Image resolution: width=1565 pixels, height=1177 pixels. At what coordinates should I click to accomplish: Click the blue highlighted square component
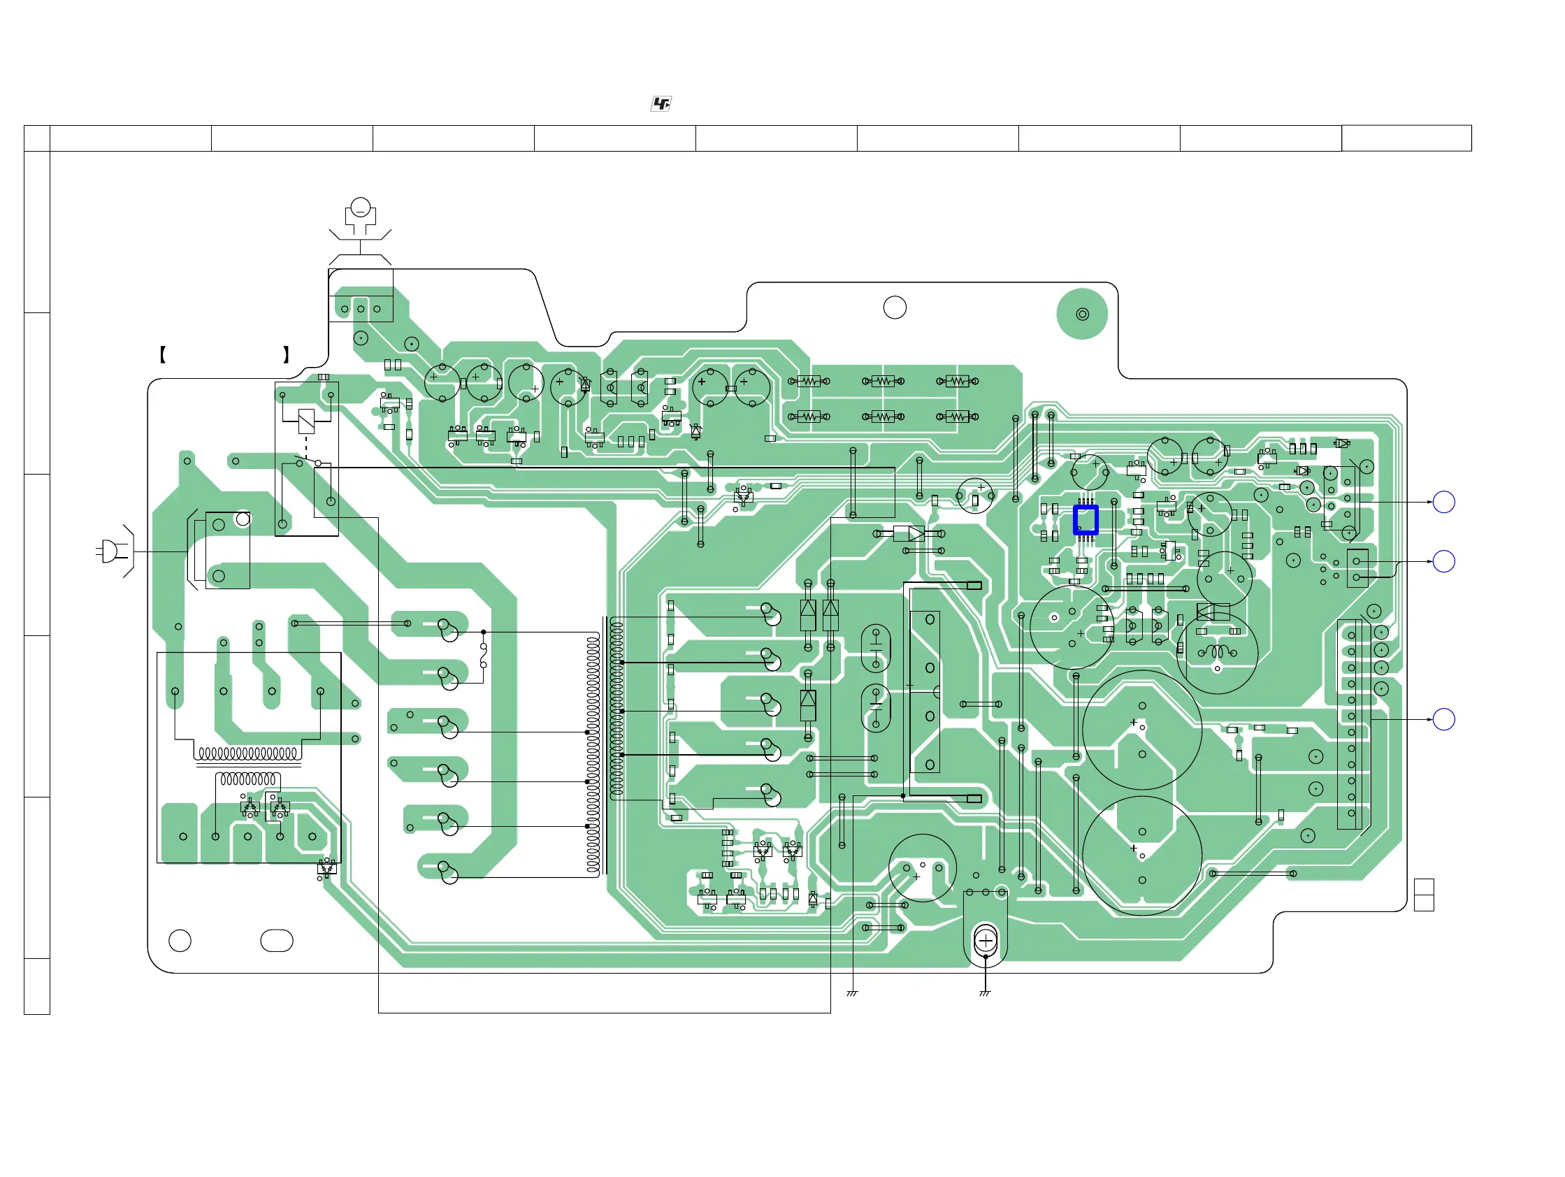(1086, 520)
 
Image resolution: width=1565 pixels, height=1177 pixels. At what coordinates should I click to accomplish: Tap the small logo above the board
(661, 104)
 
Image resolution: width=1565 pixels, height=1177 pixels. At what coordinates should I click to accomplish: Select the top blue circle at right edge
(1443, 503)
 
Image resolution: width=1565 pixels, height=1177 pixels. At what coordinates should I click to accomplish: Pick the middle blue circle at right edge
(1443, 562)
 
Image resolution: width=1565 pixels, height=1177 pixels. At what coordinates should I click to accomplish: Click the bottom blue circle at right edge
(1443, 719)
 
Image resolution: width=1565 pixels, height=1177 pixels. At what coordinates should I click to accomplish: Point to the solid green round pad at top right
(1082, 314)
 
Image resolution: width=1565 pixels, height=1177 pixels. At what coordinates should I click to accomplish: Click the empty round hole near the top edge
(895, 308)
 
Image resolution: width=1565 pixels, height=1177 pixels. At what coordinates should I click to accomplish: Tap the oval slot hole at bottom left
(277, 940)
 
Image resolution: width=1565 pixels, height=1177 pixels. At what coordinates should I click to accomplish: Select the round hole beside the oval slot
(180, 940)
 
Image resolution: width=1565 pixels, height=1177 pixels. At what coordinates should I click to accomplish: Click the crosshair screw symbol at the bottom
(986, 940)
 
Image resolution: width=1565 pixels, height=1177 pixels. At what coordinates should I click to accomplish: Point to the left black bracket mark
(163, 354)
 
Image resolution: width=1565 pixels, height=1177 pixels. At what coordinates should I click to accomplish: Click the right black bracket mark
(286, 354)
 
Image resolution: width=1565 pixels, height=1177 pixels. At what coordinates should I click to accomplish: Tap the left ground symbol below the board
(853, 993)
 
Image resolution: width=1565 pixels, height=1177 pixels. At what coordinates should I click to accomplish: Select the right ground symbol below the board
(985, 993)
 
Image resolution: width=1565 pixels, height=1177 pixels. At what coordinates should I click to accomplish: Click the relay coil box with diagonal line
(306, 421)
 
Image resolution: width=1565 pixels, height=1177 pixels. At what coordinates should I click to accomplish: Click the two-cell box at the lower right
(1424, 895)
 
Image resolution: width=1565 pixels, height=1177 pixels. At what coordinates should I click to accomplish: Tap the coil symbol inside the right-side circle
(1217, 651)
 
